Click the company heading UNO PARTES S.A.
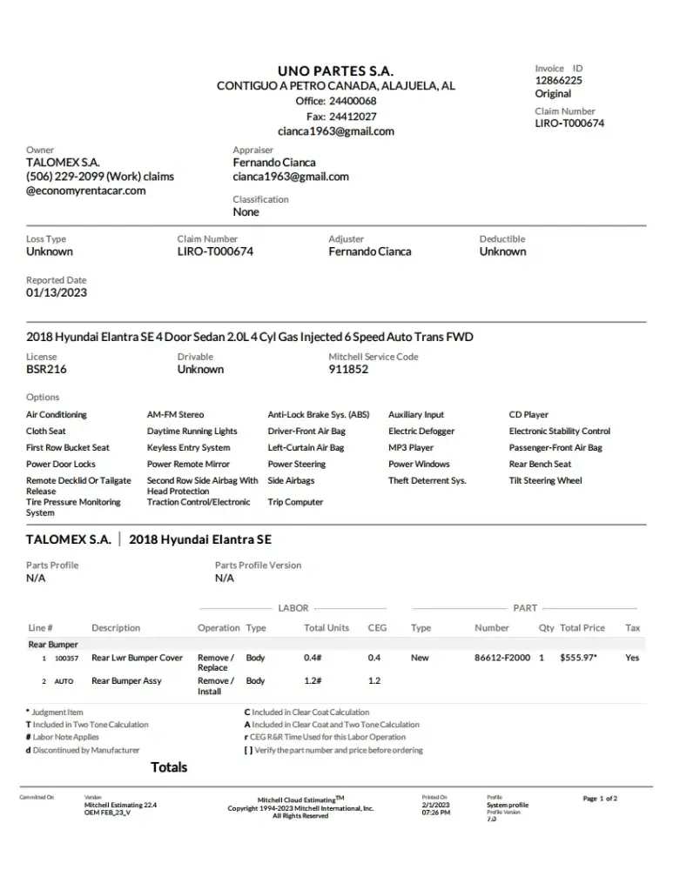pyautogui.click(x=335, y=70)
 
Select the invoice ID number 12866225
pyautogui.click(x=558, y=80)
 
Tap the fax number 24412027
pyautogui.click(x=353, y=117)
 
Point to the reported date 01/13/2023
pyautogui.click(x=57, y=293)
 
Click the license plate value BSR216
pyautogui.click(x=46, y=369)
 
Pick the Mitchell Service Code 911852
pyautogui.click(x=348, y=369)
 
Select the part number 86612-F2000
pyautogui.click(x=502, y=658)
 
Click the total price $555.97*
pyautogui.click(x=578, y=658)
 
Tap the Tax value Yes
pyautogui.click(x=632, y=658)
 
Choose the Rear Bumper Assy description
pyautogui.click(x=126, y=681)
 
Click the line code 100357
pyautogui.click(x=66, y=659)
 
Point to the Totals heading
pyautogui.click(x=169, y=767)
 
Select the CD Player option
pyautogui.click(x=528, y=415)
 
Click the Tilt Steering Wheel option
pyautogui.click(x=545, y=481)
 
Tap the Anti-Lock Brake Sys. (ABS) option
pyautogui.click(x=319, y=415)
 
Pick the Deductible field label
pyautogui.click(x=502, y=239)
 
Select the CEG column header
pyautogui.click(x=377, y=628)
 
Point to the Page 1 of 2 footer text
pyautogui.click(x=600, y=798)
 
